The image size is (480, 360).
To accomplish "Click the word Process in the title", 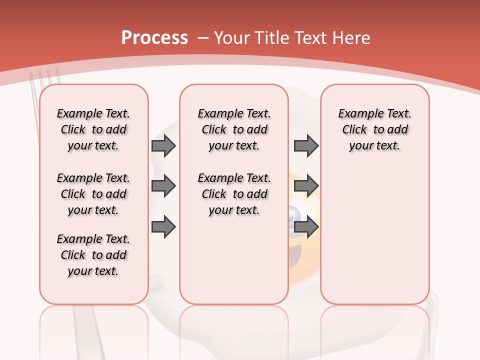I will [154, 37].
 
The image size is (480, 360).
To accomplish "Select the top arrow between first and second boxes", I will [163, 146].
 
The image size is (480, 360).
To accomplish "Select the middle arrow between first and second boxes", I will [163, 186].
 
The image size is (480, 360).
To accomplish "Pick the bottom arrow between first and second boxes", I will [163, 227].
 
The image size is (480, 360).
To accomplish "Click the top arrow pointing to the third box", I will [306, 146].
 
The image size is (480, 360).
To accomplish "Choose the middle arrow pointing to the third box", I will [306, 186].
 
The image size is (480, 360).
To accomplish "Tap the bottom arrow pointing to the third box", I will [306, 227].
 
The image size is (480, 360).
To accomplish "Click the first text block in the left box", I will [93, 129].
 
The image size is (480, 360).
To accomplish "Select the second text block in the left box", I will [93, 194].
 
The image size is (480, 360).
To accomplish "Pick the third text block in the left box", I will [93, 255].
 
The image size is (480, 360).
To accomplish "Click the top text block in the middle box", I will [234, 129].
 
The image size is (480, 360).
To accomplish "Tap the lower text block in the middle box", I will [234, 194].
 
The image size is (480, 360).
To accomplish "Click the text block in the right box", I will [374, 129].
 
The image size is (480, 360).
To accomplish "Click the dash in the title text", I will [203, 38].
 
